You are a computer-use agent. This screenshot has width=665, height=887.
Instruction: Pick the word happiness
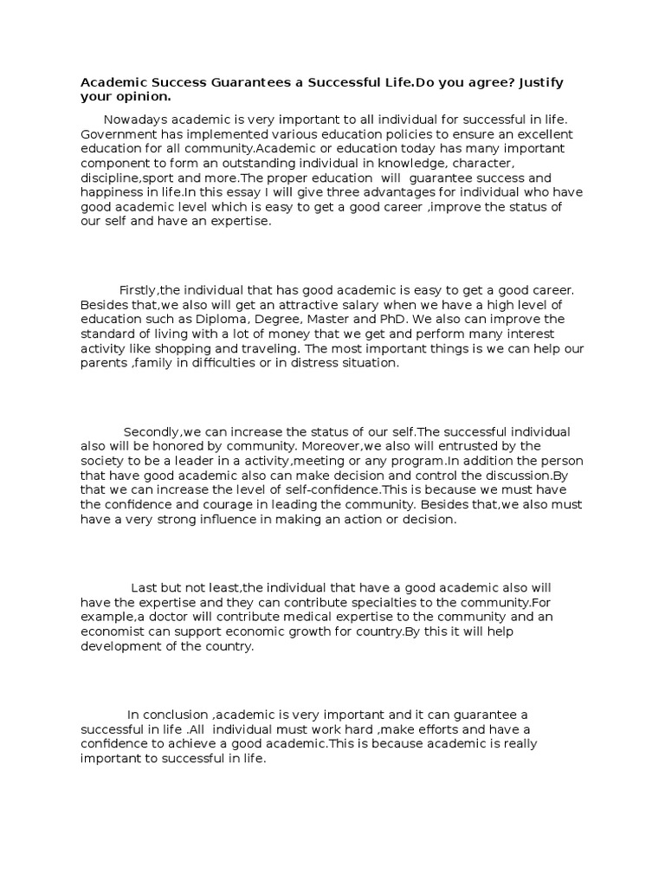click(113, 193)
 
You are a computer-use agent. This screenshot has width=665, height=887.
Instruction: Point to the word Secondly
click(151, 431)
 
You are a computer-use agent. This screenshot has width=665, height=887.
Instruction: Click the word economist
click(113, 631)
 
